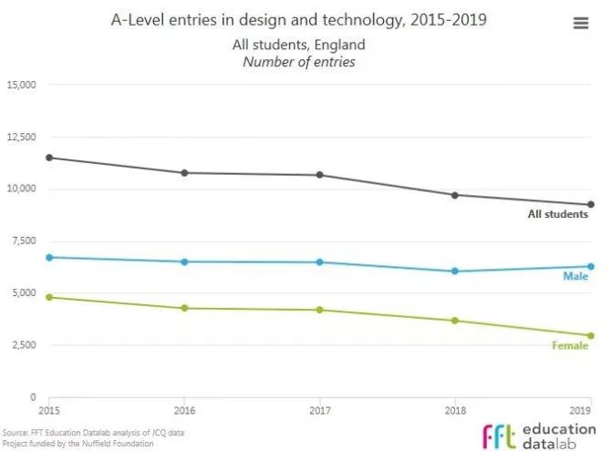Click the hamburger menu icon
(x=581, y=24)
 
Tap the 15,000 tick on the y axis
(x=20, y=85)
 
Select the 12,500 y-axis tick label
(x=20, y=137)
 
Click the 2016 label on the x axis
(x=185, y=410)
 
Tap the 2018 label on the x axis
(x=455, y=410)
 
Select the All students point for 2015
(x=49, y=158)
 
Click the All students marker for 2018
(x=455, y=195)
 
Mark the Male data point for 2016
(x=185, y=261)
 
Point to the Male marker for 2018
(x=455, y=271)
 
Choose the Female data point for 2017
(x=320, y=310)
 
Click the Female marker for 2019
(x=591, y=335)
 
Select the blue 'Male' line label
(x=575, y=275)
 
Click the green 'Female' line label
(x=570, y=345)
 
